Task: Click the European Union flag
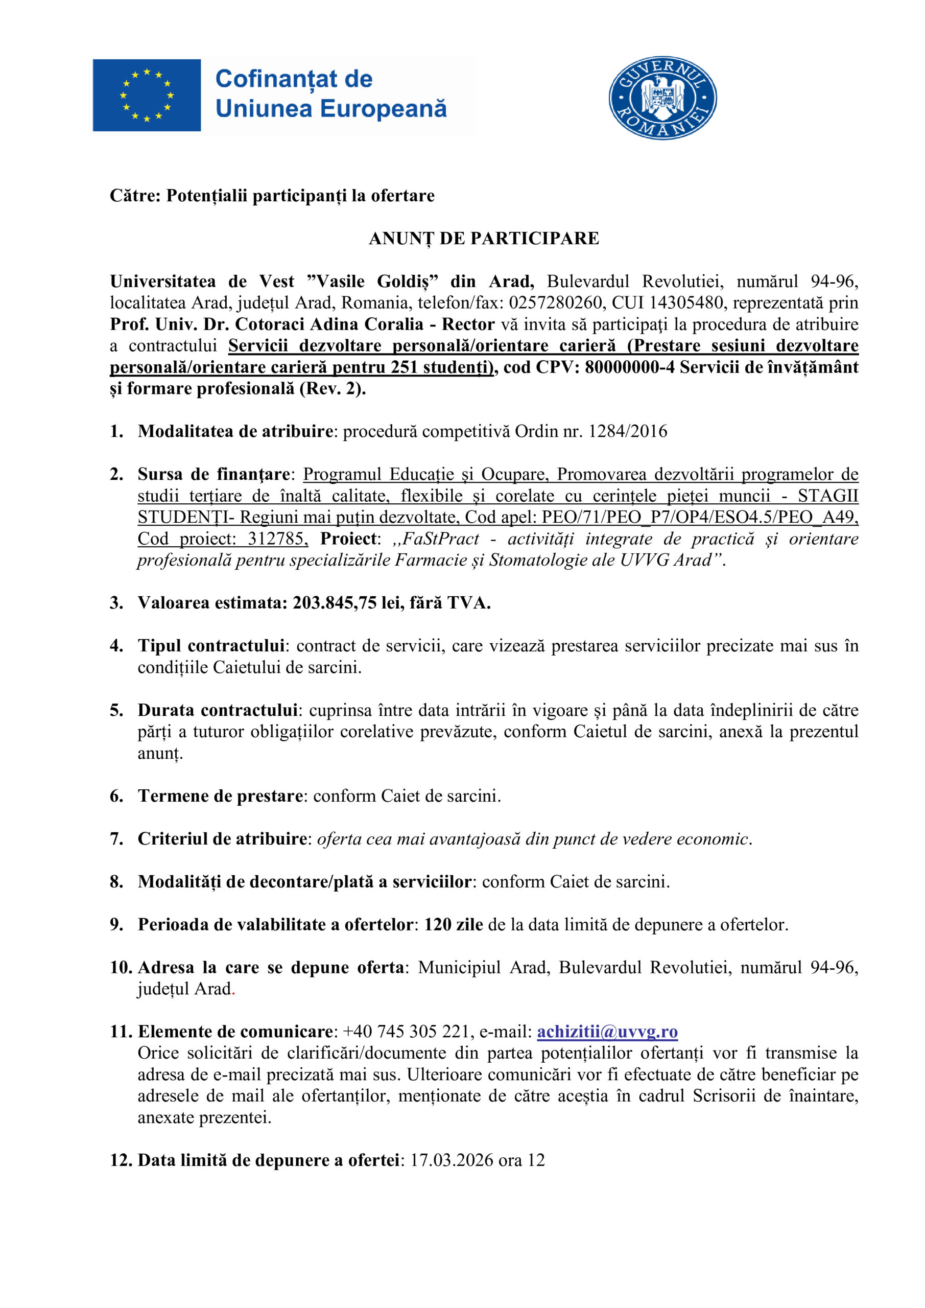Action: (147, 95)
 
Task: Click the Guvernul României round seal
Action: (662, 98)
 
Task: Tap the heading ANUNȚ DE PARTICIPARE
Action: (484, 238)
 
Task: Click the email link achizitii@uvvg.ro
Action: (607, 1031)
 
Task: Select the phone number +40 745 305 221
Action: (406, 1031)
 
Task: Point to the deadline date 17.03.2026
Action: (452, 1160)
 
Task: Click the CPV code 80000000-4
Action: (629, 367)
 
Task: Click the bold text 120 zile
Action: (454, 924)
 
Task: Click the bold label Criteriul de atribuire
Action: (222, 838)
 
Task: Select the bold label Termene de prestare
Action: (220, 796)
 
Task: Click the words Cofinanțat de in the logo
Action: (294, 79)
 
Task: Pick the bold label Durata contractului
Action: (218, 710)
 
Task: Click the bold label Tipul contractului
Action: (211, 645)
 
